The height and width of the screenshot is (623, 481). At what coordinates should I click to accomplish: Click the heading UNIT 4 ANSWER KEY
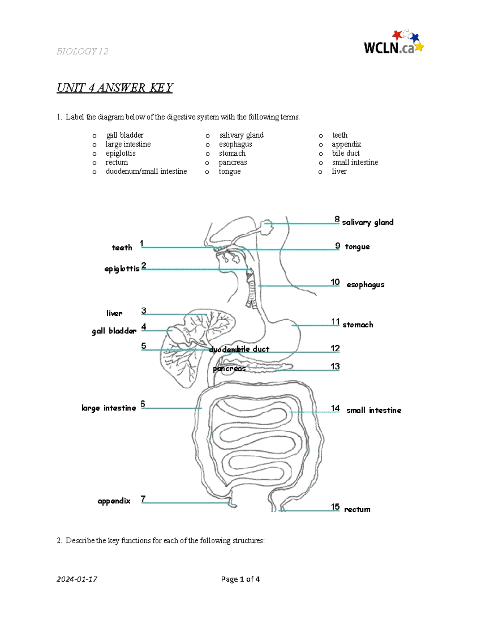[115, 88]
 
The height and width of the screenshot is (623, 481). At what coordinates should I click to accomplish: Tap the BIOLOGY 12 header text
[82, 51]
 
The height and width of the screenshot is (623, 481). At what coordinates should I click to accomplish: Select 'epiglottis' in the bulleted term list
[120, 153]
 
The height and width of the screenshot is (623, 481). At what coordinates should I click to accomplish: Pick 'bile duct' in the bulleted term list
[346, 153]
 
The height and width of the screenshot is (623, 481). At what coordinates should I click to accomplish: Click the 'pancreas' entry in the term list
[232, 162]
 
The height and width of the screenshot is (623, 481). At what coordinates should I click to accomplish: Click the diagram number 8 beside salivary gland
[337, 219]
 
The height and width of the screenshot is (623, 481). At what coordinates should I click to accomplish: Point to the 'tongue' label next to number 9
[357, 247]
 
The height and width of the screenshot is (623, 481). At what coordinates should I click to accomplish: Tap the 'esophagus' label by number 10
[365, 285]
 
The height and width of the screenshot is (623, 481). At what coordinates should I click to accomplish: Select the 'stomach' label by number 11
[358, 325]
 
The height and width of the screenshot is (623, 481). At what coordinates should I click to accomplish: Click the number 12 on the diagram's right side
[335, 348]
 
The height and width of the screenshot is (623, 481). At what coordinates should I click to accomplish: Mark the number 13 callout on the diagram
[335, 366]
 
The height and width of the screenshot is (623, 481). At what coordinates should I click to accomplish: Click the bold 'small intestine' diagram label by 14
[374, 410]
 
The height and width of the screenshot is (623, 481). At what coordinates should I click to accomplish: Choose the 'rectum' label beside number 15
[357, 509]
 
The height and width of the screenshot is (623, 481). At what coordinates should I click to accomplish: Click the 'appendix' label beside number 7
[114, 501]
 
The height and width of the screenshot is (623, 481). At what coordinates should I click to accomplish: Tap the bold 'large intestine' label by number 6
[109, 408]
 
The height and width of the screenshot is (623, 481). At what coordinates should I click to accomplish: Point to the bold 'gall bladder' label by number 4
[114, 331]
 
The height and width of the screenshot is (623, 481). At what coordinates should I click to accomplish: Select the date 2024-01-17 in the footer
[77, 579]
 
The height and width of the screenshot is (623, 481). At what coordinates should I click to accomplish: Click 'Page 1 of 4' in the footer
[240, 579]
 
